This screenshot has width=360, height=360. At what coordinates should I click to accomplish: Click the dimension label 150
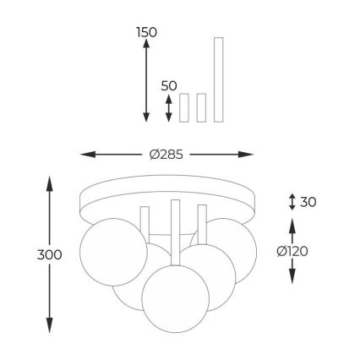146,33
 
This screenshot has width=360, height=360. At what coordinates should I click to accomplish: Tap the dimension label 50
169,86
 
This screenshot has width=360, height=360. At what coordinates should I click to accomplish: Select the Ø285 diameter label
166,155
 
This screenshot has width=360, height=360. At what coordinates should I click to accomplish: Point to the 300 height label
49,255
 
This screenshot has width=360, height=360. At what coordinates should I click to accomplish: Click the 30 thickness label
308,202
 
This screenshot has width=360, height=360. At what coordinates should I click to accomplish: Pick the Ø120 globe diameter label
292,251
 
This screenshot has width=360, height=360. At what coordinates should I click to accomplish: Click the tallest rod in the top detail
219,79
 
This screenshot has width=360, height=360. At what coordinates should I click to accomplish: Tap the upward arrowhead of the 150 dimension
146,43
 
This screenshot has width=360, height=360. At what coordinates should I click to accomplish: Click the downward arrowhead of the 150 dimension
146,117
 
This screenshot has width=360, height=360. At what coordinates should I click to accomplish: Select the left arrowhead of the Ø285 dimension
88,155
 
